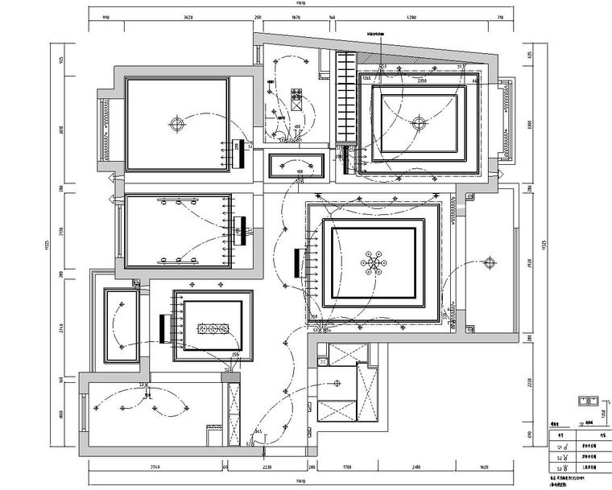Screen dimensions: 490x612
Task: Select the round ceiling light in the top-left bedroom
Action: point(176,124)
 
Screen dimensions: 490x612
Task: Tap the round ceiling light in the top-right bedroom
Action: point(417,124)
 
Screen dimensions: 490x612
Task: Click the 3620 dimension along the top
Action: point(188,17)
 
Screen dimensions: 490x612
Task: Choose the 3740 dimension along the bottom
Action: point(151,467)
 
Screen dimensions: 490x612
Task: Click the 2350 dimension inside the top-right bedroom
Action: point(421,81)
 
